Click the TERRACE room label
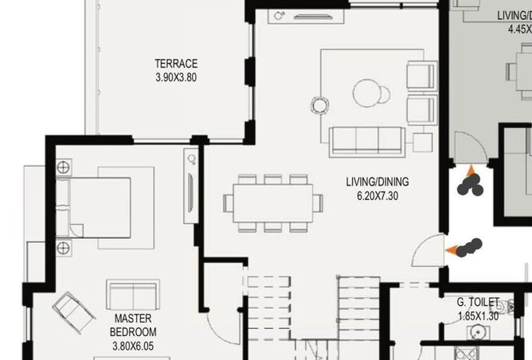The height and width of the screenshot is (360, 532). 176,64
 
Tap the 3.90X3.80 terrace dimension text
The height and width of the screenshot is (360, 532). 176,77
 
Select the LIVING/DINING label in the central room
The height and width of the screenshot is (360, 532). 377,182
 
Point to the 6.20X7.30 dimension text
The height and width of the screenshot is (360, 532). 377,195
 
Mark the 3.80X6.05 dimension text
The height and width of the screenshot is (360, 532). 133,346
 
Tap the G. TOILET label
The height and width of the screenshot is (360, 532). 478,303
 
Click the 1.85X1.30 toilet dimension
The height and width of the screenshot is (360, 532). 479,316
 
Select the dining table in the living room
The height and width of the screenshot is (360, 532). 273,202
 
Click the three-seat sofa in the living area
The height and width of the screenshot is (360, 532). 366,140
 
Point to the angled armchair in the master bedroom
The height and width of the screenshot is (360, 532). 74,313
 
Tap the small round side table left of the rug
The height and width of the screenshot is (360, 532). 319,104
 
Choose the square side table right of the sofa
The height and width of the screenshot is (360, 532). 423,141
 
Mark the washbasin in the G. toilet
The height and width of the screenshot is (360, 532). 477,334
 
